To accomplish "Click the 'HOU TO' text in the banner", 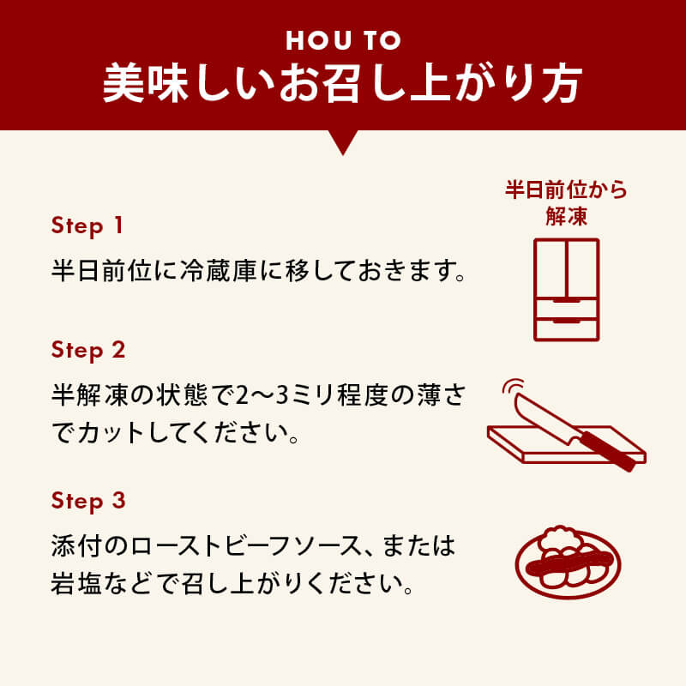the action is click(x=344, y=40).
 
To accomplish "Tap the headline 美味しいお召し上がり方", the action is click(x=343, y=83).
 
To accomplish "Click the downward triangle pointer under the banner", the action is click(x=343, y=142).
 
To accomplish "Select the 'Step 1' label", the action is click(x=87, y=226).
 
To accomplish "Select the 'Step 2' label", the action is click(x=88, y=351).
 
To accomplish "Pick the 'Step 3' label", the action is click(x=88, y=501).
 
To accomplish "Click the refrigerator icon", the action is click(x=567, y=290).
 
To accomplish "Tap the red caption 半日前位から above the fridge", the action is click(x=566, y=190).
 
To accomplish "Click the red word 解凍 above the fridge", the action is click(x=566, y=216).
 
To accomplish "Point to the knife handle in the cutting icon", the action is click(x=608, y=451).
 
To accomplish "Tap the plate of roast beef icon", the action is click(x=568, y=563).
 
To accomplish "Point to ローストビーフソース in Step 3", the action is click(x=251, y=546).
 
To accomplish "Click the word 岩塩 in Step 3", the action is click(x=76, y=583).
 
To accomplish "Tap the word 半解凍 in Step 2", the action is click(x=90, y=394).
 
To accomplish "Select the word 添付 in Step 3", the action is click(x=76, y=546).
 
